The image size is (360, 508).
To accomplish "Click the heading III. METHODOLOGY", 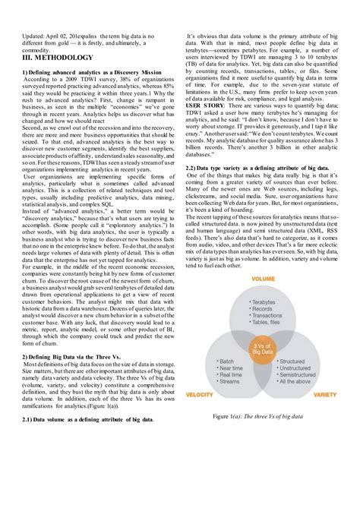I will [x=58, y=57].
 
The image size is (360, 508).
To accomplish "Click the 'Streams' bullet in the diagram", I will [x=229, y=381].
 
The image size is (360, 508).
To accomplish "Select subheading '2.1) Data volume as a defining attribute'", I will [x=87, y=418].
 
